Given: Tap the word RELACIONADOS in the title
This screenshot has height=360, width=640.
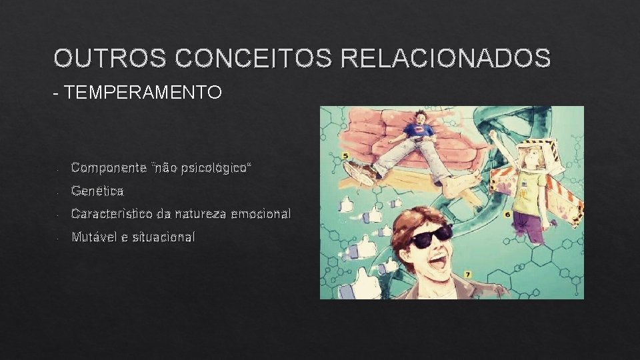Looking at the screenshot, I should click(445, 59).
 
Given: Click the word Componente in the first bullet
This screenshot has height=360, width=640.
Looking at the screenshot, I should click(109, 167).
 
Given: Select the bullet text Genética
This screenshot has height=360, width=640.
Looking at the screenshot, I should click(97, 191).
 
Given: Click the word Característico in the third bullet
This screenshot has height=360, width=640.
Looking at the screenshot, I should click(111, 214).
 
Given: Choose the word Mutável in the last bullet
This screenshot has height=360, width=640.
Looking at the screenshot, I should click(93, 237).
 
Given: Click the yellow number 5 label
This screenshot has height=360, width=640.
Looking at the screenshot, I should click(345, 155).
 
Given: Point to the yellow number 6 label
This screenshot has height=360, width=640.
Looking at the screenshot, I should click(507, 214).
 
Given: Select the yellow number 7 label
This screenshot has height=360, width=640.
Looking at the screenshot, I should click(467, 274).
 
